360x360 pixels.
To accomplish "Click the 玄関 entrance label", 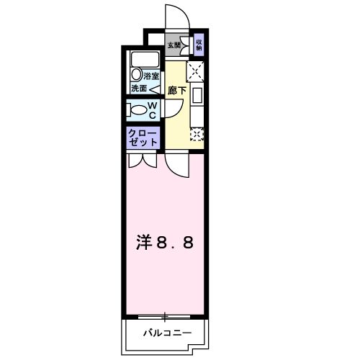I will click(176, 45).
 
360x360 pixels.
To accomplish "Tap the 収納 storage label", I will click(199, 45).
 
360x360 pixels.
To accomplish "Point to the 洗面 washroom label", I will click(139, 89).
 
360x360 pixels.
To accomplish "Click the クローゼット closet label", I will click(143, 138).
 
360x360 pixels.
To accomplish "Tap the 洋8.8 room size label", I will click(165, 243).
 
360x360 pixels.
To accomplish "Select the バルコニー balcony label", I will click(166, 333).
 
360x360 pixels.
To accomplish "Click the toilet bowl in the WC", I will click(138, 109).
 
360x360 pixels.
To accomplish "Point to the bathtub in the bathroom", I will click(145, 59).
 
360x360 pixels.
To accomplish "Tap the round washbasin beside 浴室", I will click(136, 76).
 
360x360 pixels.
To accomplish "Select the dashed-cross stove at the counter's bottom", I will click(196, 133).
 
